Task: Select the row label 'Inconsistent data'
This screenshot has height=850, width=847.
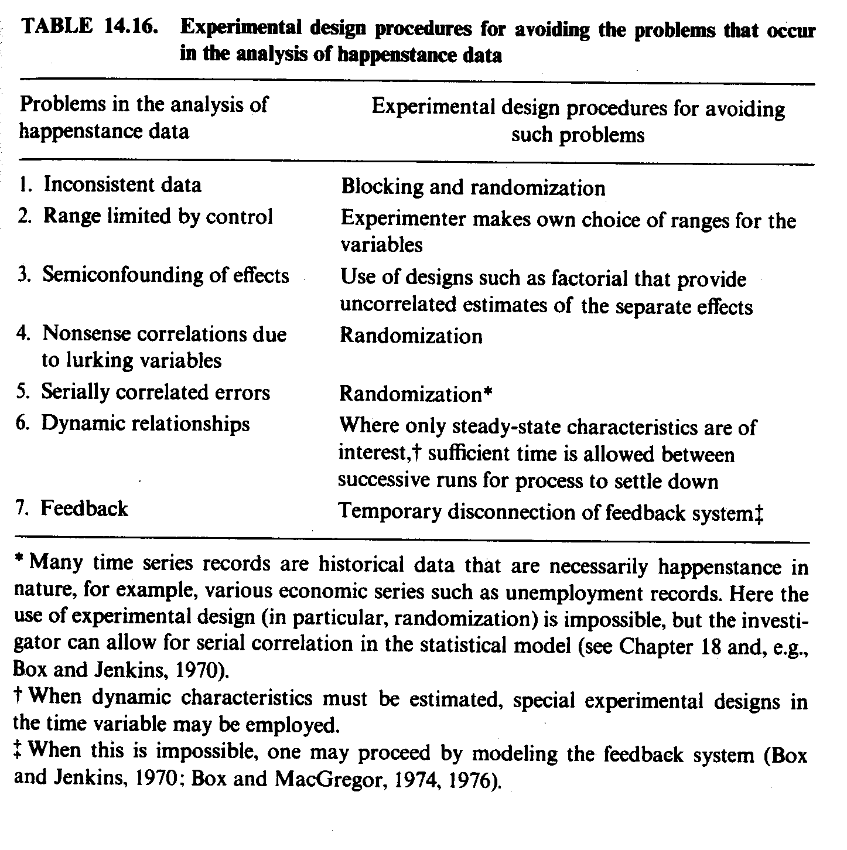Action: pos(122,185)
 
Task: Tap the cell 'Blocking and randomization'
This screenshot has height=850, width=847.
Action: pos(473,187)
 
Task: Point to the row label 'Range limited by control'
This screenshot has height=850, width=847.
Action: pos(158,217)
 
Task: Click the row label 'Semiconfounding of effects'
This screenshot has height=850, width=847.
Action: pos(165,275)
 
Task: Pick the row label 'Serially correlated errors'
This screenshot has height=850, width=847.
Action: pos(155,392)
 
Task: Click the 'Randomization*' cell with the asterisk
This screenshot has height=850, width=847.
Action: pos(415,394)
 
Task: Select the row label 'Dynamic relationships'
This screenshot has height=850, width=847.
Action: pos(145,424)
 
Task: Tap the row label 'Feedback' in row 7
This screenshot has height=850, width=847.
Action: pos(84,508)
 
